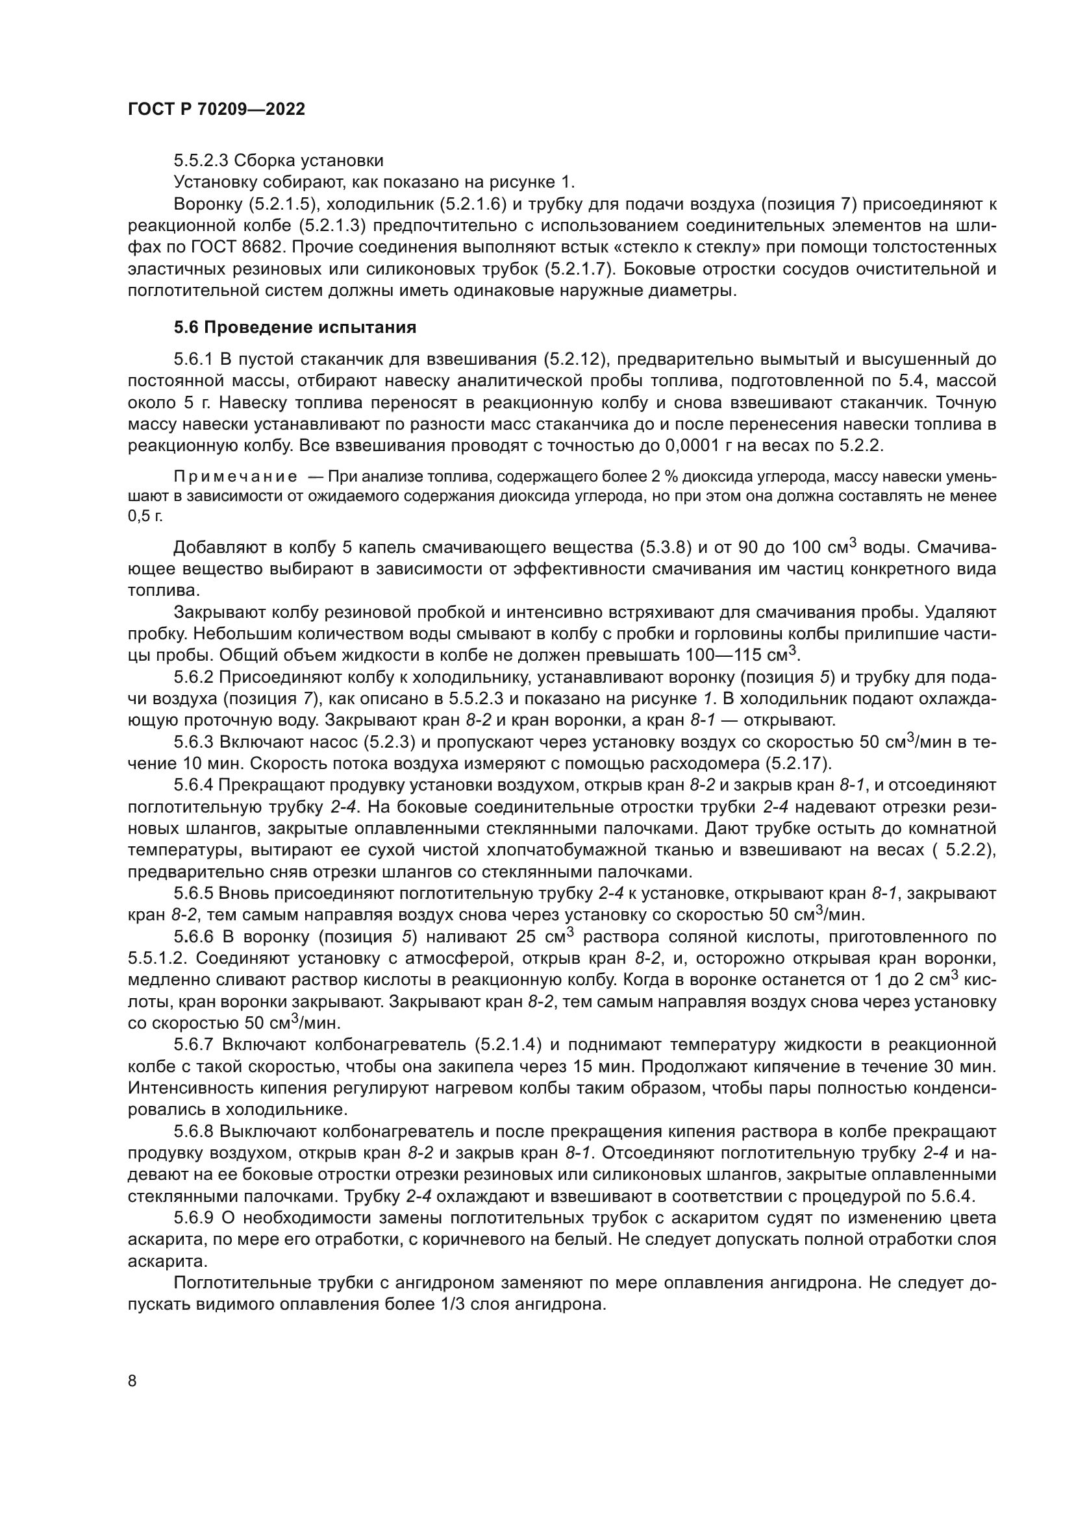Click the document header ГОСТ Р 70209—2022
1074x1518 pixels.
click(216, 110)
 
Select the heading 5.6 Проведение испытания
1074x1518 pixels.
click(295, 327)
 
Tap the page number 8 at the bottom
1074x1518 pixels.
click(132, 1380)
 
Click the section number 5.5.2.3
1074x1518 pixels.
click(201, 161)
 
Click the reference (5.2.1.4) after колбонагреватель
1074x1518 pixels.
click(508, 1045)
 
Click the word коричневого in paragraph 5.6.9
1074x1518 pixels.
click(464, 1240)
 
